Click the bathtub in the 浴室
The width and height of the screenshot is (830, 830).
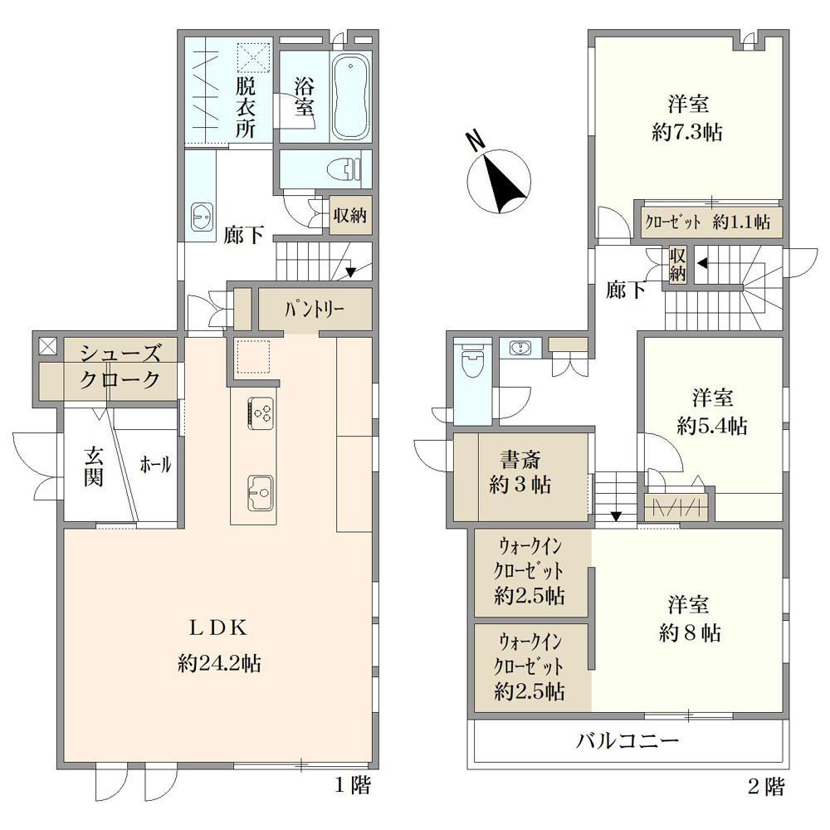tap(351, 97)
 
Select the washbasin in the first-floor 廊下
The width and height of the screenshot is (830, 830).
tap(202, 217)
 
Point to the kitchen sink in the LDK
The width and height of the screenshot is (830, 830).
tap(260, 491)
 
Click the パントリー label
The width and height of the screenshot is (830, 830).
tap(315, 309)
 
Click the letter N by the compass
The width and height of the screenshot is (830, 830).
tap(474, 140)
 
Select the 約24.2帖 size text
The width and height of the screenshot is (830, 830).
tap(219, 662)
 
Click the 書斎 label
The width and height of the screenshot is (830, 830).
tap(520, 459)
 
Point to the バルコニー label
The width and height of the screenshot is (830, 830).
tap(627, 740)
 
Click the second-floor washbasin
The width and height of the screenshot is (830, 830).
tap(520, 349)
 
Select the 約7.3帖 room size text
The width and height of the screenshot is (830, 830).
tap(687, 132)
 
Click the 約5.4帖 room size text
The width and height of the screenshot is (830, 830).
tap(712, 425)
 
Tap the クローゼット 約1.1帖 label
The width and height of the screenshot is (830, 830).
tap(707, 222)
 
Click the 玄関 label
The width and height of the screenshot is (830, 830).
tap(93, 466)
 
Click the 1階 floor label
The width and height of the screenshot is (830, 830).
tap(353, 785)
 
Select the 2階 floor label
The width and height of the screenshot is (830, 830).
tap(766, 787)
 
